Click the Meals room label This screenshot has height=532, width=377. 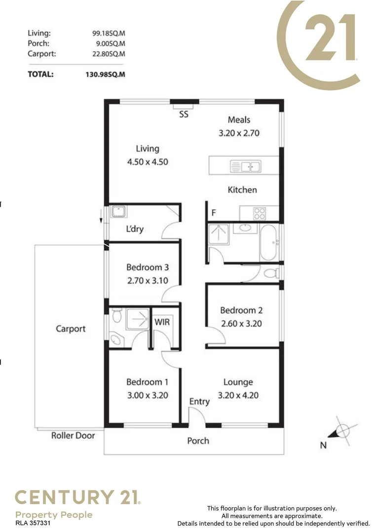pyautogui.click(x=239, y=120)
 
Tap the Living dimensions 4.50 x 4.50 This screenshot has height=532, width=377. pyautogui.click(x=148, y=162)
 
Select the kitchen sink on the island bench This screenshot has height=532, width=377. pyautogui.click(x=245, y=166)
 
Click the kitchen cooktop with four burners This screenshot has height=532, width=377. pyautogui.click(x=260, y=213)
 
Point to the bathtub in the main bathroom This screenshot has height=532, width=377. pyautogui.click(x=269, y=242)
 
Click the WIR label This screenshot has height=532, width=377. pyautogui.click(x=162, y=322)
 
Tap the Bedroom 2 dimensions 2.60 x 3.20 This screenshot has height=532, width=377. pyautogui.click(x=241, y=324)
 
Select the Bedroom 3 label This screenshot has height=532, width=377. pyautogui.click(x=148, y=267)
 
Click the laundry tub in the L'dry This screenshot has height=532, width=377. pyautogui.click(x=118, y=212)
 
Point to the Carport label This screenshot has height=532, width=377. pyautogui.click(x=71, y=329)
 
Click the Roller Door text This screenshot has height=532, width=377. pyautogui.click(x=73, y=435)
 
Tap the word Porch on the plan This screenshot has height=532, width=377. pyautogui.click(x=198, y=441)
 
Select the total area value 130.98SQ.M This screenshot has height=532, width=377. pyautogui.click(x=106, y=74)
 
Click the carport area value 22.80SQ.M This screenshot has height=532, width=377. pyautogui.click(x=109, y=54)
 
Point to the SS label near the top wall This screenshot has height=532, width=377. pyautogui.click(x=184, y=114)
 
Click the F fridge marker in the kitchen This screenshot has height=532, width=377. pyautogui.click(x=214, y=213)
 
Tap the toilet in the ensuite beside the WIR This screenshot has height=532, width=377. pyautogui.click(x=116, y=316)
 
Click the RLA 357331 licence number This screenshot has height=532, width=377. pyautogui.click(x=33, y=523)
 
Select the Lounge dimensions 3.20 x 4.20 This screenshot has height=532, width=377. pyautogui.click(x=238, y=395)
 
